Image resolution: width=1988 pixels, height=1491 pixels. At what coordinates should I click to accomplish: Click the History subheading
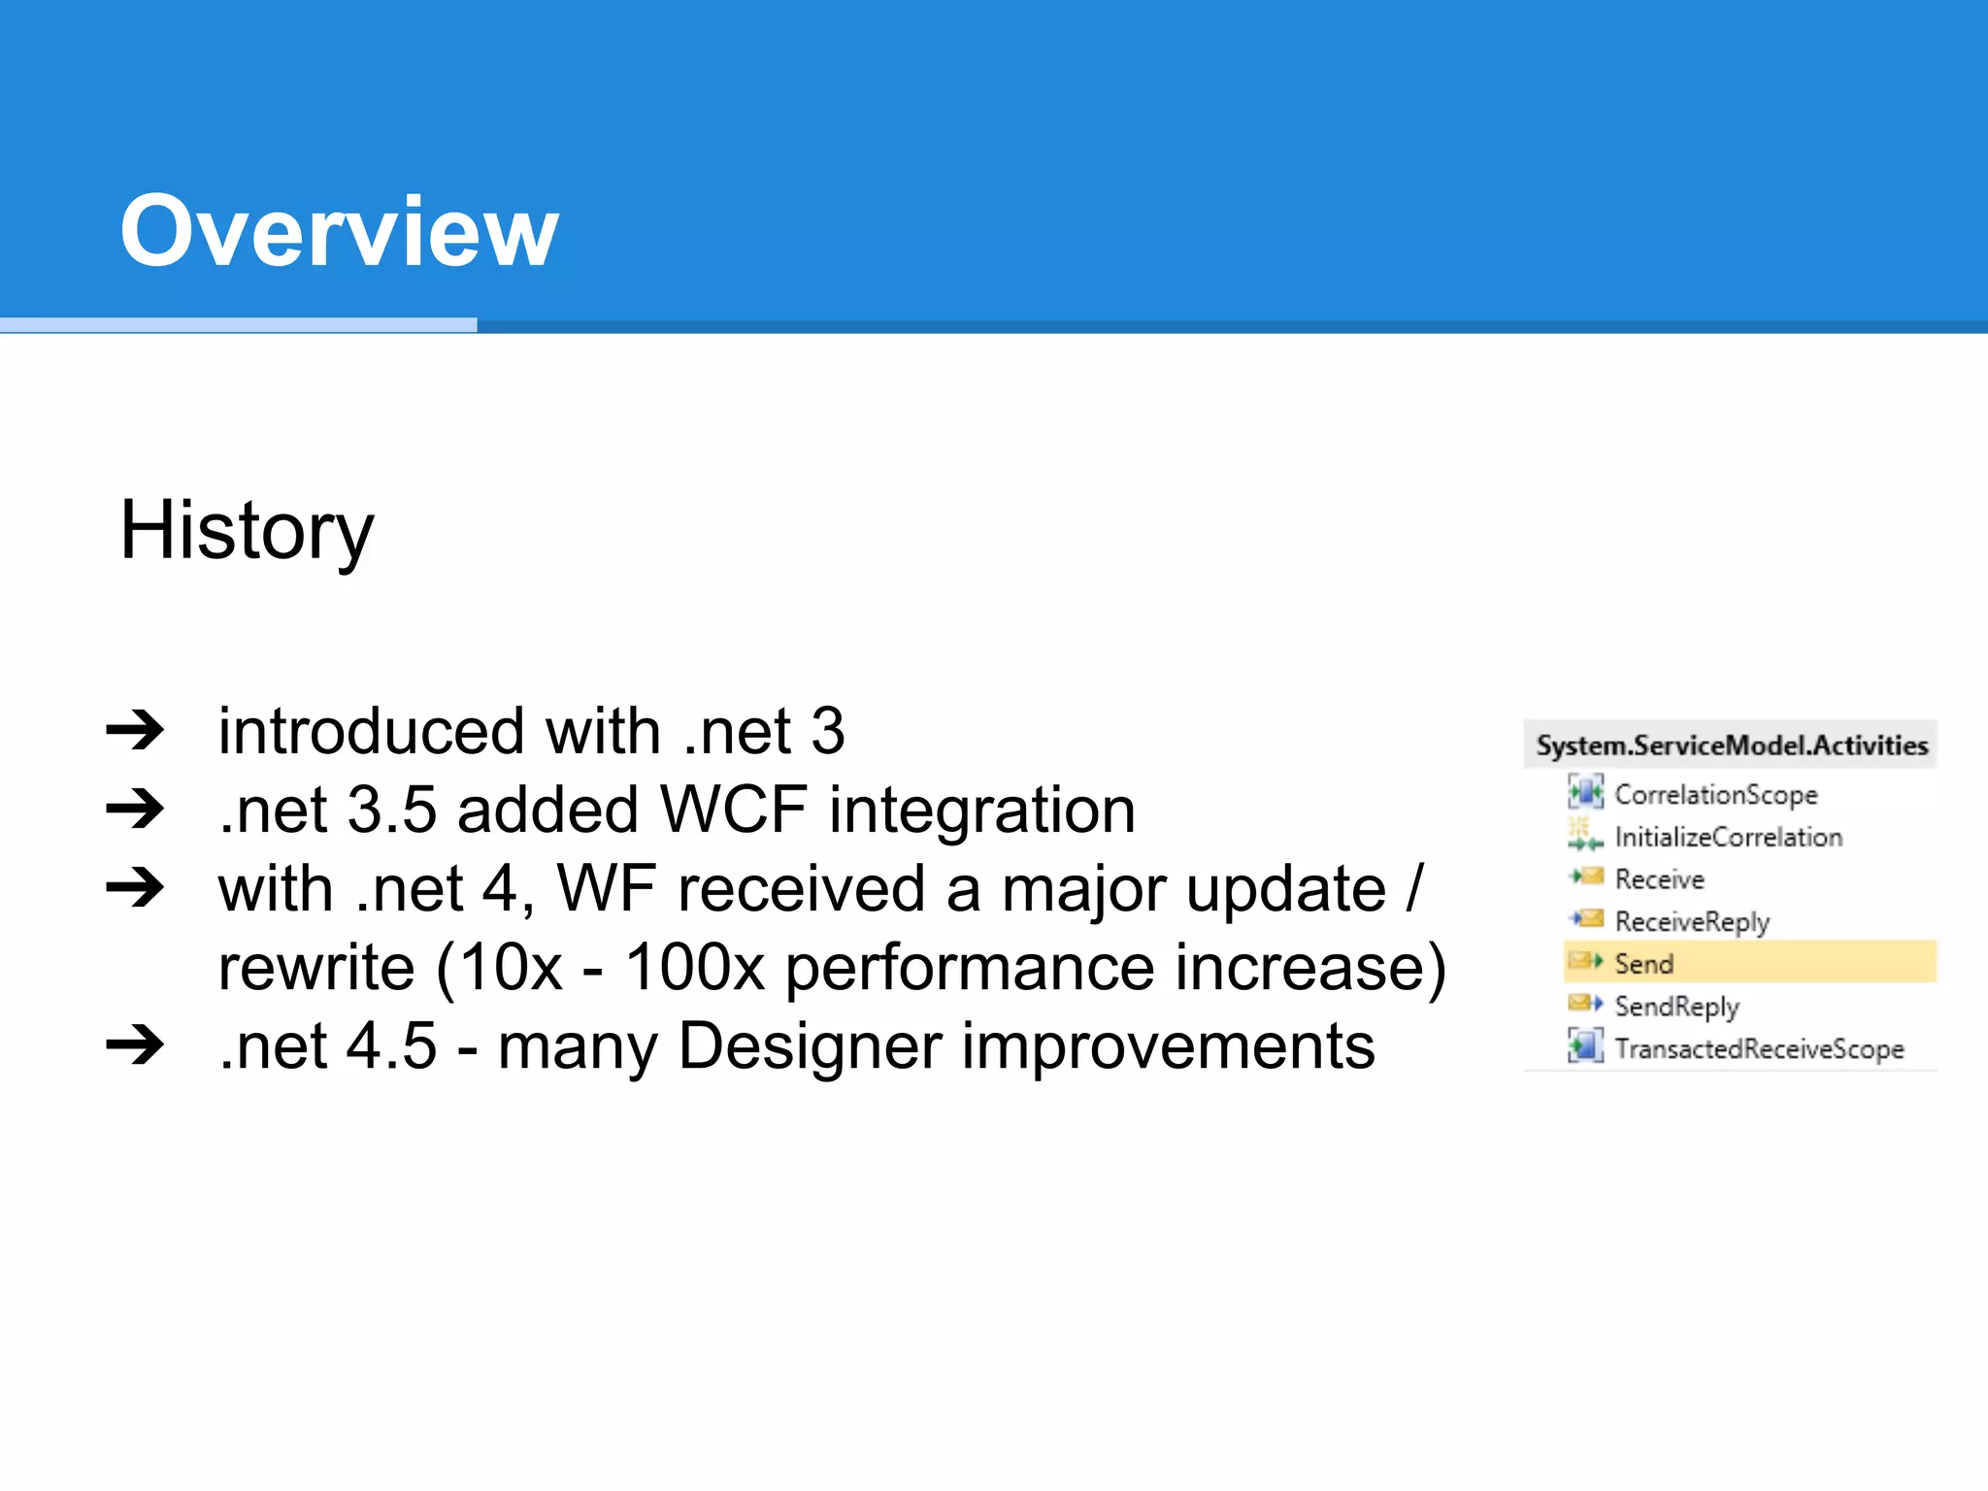pos(247,531)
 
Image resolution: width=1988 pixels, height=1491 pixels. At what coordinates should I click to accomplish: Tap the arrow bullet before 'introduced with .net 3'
pos(135,730)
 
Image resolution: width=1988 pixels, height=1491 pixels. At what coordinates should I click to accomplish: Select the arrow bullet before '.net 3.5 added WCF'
pos(135,809)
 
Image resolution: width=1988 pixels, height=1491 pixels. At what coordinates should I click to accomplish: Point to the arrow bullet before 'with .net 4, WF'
pos(135,887)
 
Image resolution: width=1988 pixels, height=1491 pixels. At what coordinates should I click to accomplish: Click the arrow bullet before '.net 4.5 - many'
pos(135,1045)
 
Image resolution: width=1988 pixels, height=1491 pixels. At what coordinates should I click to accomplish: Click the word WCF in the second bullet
pos(733,810)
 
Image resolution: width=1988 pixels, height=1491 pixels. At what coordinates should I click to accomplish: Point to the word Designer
pos(810,1047)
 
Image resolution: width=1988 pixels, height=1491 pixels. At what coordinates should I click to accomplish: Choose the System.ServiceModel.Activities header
pos(1731,745)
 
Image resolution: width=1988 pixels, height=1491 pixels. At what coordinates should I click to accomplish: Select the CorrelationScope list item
pos(1715,794)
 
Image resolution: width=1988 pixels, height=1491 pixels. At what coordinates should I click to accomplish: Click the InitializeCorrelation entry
pos(1728,837)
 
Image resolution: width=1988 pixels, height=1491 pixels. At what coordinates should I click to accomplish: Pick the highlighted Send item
pos(1643,964)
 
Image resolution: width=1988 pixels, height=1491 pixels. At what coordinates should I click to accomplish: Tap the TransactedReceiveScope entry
pos(1759,1048)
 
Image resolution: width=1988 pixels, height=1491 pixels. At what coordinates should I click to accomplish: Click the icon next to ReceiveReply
pos(1586,918)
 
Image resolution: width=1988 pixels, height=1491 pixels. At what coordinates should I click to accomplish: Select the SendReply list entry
pos(1676,1007)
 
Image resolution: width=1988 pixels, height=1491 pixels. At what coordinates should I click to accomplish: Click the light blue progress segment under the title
pos(238,325)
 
